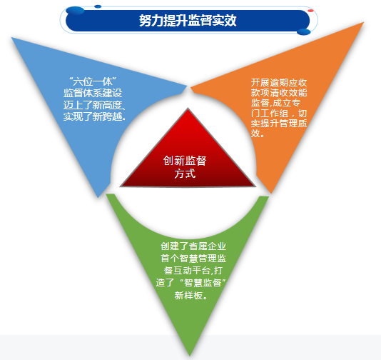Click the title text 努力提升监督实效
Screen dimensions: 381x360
[x=188, y=21]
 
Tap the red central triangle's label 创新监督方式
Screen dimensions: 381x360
[x=185, y=167]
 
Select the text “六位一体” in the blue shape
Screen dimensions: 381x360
[x=93, y=81]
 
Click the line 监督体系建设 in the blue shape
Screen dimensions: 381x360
[x=93, y=93]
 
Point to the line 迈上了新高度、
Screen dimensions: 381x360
[x=94, y=105]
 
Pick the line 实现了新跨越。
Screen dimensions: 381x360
[x=95, y=116]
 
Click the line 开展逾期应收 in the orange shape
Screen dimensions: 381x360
[x=279, y=83]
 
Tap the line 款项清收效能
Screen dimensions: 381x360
[x=279, y=93]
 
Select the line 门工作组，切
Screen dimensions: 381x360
[x=279, y=113]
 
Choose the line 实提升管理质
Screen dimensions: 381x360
[x=279, y=124]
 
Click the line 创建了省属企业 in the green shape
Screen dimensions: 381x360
[x=193, y=246]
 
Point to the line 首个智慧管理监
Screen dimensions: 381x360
[x=193, y=259]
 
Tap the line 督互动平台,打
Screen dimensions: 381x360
[x=193, y=271]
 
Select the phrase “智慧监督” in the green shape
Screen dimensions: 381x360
[x=203, y=283]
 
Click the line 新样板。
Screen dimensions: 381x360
[x=191, y=295]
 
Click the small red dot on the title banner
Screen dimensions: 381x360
[x=310, y=11]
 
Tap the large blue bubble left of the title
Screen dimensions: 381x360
[x=75, y=11]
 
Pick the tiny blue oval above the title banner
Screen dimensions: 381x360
[x=98, y=6]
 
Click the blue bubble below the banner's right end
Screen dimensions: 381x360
[x=304, y=32]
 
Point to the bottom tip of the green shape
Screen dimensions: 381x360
[x=190, y=356]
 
